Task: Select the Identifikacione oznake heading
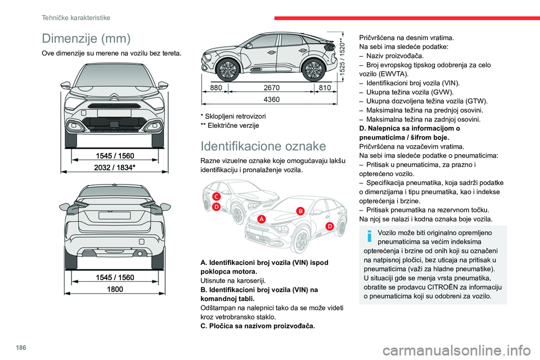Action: click(x=263, y=146)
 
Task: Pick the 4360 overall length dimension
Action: click(x=272, y=100)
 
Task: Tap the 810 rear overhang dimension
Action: click(x=325, y=88)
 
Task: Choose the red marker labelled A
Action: click(x=262, y=219)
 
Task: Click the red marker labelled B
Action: click(x=300, y=210)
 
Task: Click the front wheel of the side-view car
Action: click(x=228, y=69)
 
